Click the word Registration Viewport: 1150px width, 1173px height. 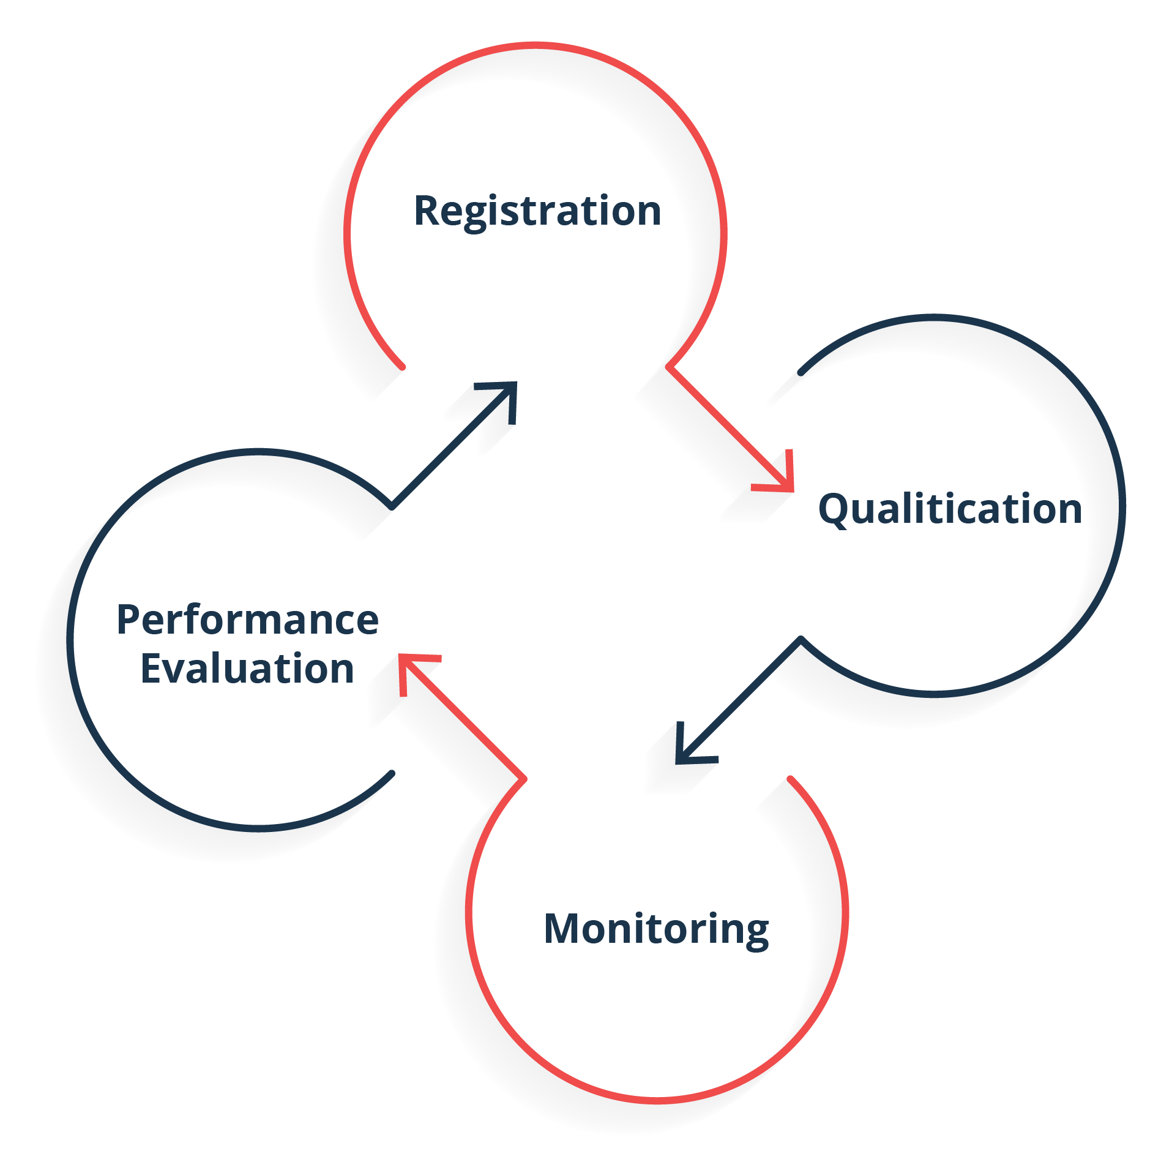[537, 212]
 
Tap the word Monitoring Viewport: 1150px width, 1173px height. [656, 930]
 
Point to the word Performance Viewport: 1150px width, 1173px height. [248, 620]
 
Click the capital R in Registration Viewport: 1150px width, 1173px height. [427, 211]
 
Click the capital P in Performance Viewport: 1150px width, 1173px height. [129, 620]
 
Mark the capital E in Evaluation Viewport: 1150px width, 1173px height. [151, 668]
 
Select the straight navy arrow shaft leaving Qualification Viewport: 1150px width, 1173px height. [739, 700]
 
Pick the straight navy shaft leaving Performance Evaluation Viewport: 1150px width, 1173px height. [454, 445]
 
